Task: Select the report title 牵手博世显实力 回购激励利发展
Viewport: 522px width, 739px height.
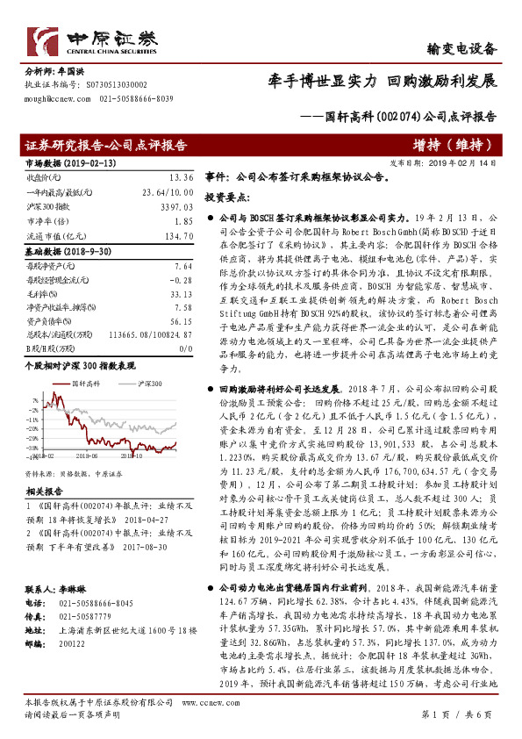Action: pos(383,82)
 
